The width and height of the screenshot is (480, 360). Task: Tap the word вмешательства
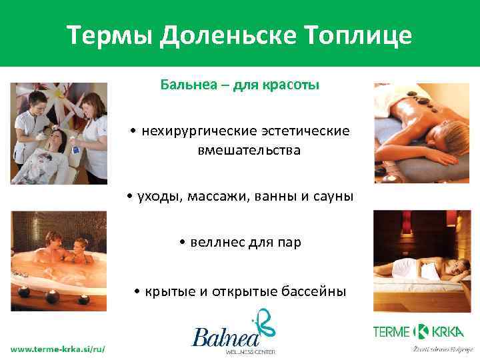249,150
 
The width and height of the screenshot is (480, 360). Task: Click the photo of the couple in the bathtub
59,261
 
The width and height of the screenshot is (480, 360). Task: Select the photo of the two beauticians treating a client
59,133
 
